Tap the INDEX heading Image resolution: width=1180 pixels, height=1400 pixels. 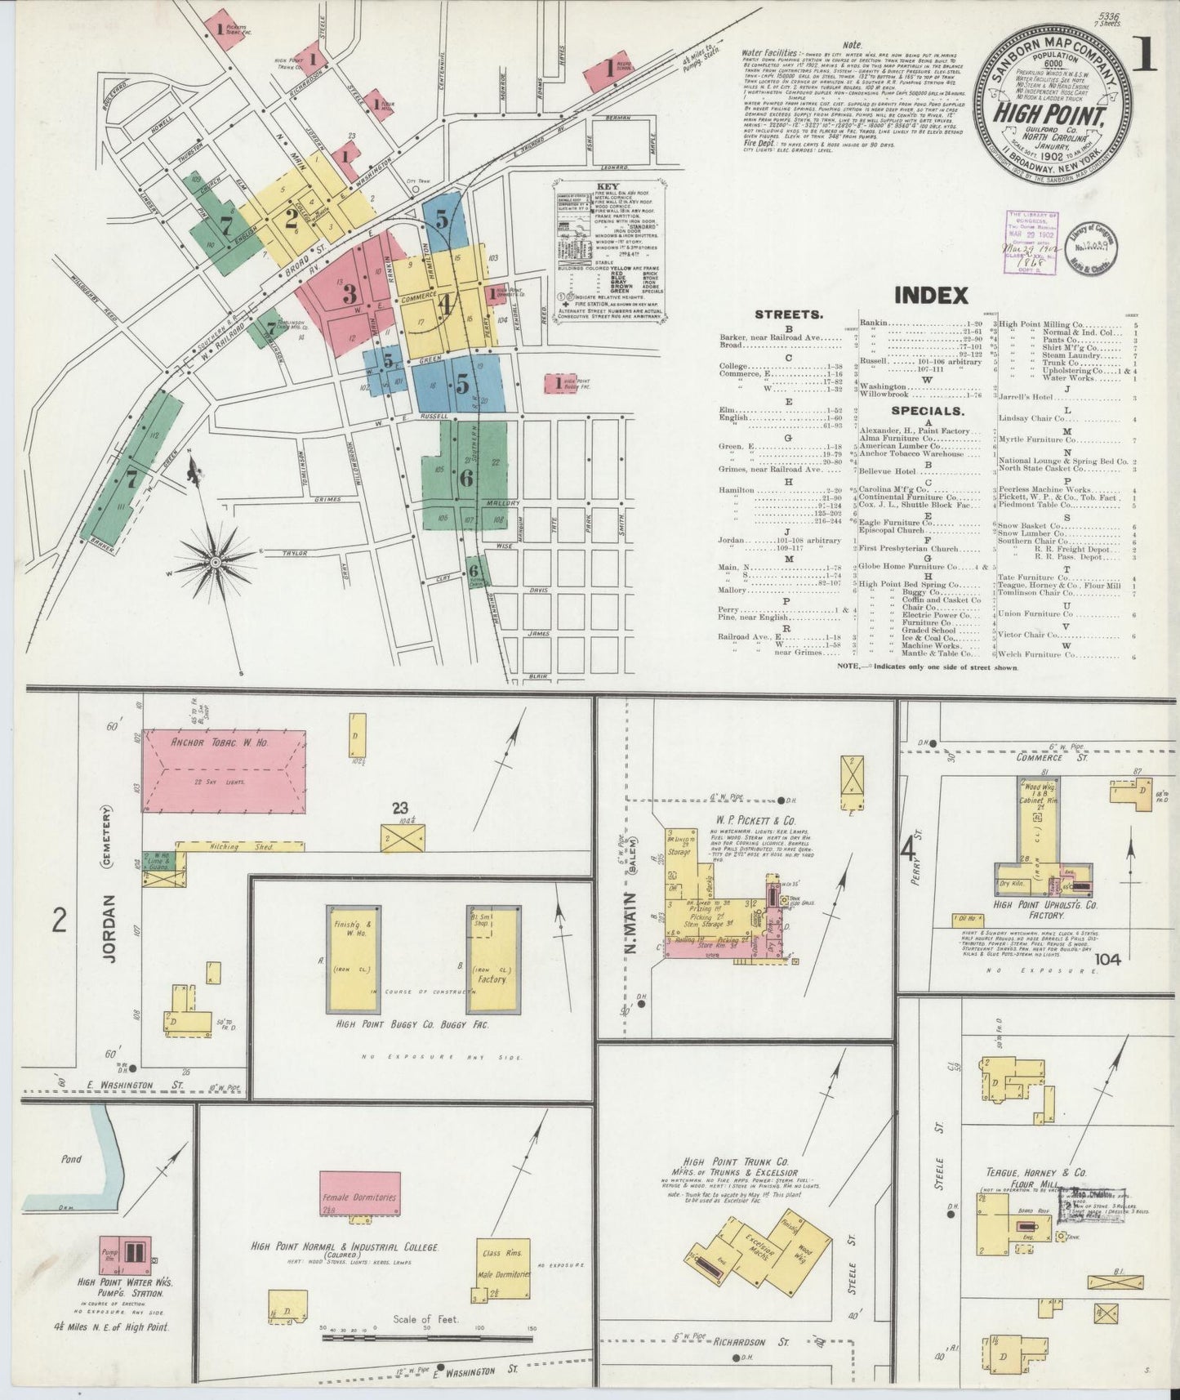pyautogui.click(x=931, y=295)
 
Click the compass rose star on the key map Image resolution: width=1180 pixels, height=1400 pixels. pyautogui.click(x=215, y=561)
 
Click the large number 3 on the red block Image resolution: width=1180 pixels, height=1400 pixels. pyautogui.click(x=350, y=293)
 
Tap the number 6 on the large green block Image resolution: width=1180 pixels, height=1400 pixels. pyautogui.click(x=466, y=479)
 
